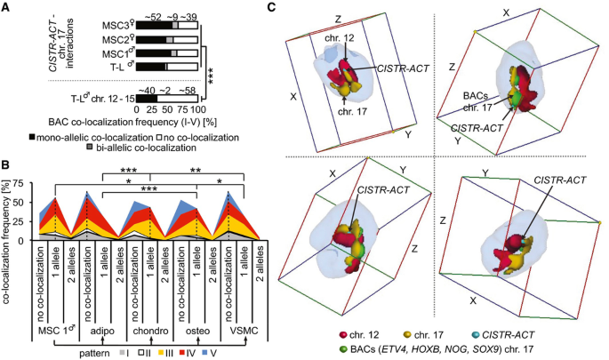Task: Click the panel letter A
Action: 7,7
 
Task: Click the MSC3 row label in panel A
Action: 116,27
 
